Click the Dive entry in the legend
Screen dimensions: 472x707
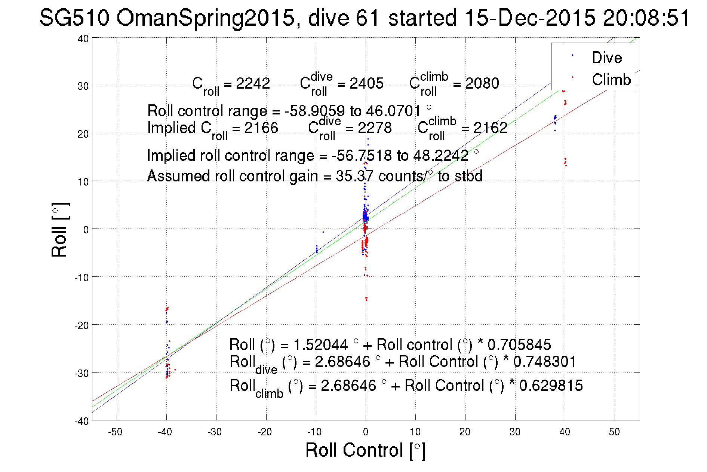coord(606,58)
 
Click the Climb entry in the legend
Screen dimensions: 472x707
coord(611,80)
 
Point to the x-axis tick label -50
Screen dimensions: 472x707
coord(115,432)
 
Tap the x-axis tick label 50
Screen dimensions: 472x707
coord(614,432)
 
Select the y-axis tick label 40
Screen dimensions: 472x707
coord(83,39)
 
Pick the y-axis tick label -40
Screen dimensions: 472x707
coord(82,422)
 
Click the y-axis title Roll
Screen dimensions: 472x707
coord(60,230)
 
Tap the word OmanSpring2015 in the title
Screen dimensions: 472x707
coord(206,18)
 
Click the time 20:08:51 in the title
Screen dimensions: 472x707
coord(646,18)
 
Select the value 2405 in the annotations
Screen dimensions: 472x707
coord(366,83)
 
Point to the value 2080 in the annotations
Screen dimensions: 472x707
coord(482,83)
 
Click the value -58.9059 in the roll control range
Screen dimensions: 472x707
coord(314,111)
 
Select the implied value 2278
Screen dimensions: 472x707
coord(375,128)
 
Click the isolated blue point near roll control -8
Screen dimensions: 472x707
coord(323,232)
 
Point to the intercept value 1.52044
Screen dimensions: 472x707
coord(320,344)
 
